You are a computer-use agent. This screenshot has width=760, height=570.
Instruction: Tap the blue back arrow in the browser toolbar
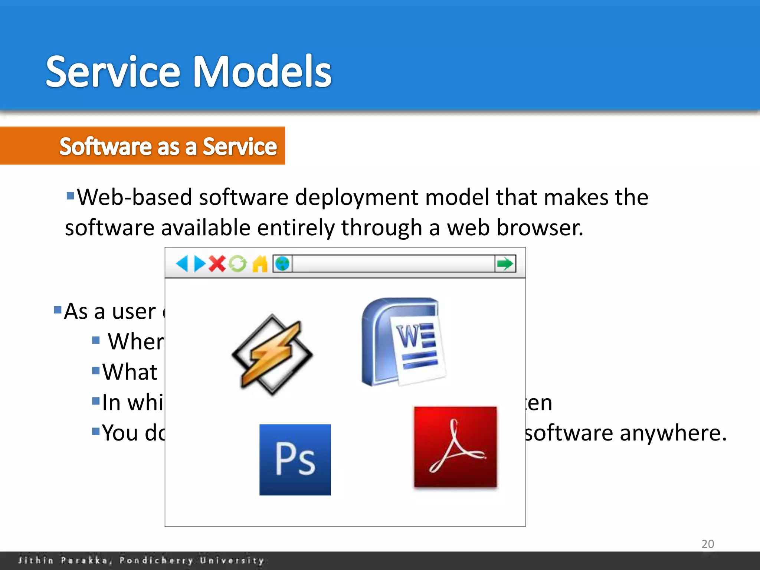click(x=182, y=264)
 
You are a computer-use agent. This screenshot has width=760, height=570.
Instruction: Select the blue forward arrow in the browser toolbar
click(x=200, y=264)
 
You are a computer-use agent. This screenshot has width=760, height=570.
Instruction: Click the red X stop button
click(x=217, y=264)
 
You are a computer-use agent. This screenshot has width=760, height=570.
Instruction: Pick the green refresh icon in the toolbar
click(x=237, y=264)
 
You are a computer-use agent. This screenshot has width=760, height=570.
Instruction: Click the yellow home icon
click(x=260, y=264)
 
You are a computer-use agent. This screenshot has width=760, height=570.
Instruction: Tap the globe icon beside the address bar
click(x=283, y=264)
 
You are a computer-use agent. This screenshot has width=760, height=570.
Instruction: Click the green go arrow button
click(x=505, y=264)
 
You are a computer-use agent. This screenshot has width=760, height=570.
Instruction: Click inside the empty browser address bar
click(x=393, y=264)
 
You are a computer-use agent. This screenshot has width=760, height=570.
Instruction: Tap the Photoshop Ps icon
click(x=295, y=460)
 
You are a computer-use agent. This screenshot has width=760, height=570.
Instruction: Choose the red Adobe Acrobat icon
click(x=455, y=447)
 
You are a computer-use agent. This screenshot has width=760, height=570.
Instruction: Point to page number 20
click(x=708, y=544)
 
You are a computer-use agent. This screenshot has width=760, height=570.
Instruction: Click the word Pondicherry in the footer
click(x=156, y=560)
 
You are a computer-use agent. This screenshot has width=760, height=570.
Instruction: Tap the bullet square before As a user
click(x=58, y=310)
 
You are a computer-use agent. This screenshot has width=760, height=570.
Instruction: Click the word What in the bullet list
click(x=130, y=372)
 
